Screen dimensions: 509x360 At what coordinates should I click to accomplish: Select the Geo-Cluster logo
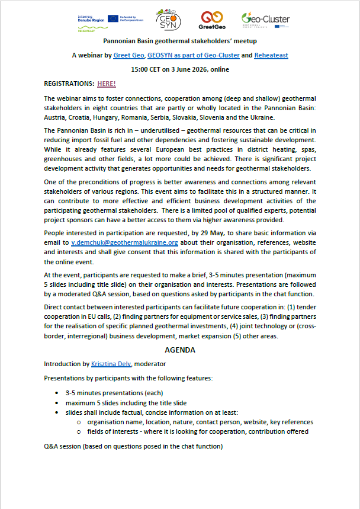tap(265, 20)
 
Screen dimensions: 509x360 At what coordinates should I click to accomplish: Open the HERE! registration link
tap(107, 84)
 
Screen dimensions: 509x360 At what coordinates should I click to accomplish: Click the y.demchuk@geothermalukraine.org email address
tap(124, 243)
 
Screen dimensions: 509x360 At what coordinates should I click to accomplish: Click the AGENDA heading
tap(180, 350)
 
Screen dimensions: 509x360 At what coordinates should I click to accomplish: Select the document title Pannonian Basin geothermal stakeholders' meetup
tap(180, 41)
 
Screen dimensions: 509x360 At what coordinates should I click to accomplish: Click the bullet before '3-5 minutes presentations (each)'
tap(57, 393)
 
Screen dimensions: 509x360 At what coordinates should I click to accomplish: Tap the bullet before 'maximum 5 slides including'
tap(57, 403)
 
